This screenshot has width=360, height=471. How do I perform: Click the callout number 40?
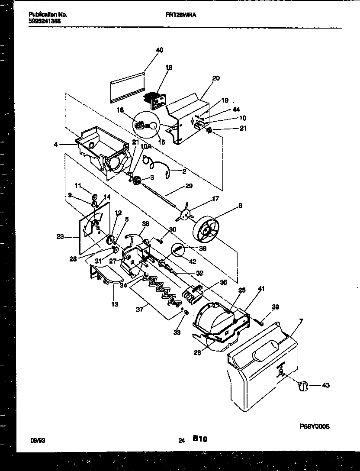(159, 50)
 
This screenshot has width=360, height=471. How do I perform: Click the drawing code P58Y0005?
(315, 426)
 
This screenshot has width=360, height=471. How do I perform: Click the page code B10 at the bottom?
(200, 439)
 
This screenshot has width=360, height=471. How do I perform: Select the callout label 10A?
(147, 147)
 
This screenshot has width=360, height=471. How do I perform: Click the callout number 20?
(216, 78)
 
